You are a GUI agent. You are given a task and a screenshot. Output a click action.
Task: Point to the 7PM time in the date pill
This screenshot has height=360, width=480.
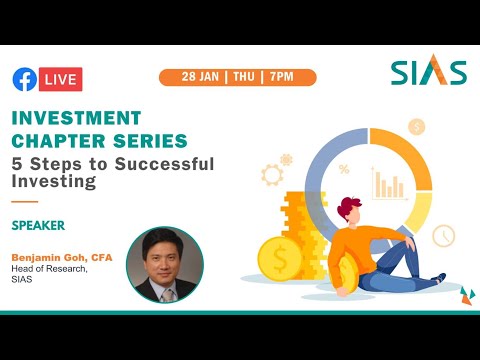point(283,77)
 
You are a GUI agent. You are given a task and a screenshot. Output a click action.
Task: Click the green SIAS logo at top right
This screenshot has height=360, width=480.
point(428,73)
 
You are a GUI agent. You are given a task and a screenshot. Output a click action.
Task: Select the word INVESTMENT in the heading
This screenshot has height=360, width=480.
point(77,118)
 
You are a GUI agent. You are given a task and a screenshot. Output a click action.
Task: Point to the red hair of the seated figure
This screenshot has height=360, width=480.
point(349,208)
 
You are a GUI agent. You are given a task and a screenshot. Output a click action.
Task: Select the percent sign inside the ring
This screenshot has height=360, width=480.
point(344,169)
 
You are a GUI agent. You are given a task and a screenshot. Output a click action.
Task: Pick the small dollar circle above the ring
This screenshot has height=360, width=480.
point(417,127)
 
